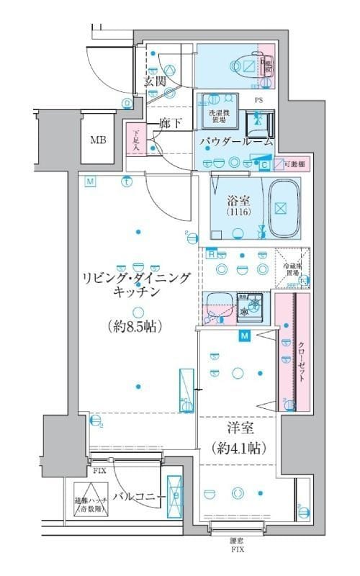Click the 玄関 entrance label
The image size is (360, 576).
coord(155,81)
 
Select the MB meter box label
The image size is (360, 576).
coord(97,139)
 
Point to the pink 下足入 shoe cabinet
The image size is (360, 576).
coord(135,140)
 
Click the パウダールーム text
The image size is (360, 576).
coord(236,142)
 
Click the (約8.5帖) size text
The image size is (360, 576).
coord(136,325)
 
